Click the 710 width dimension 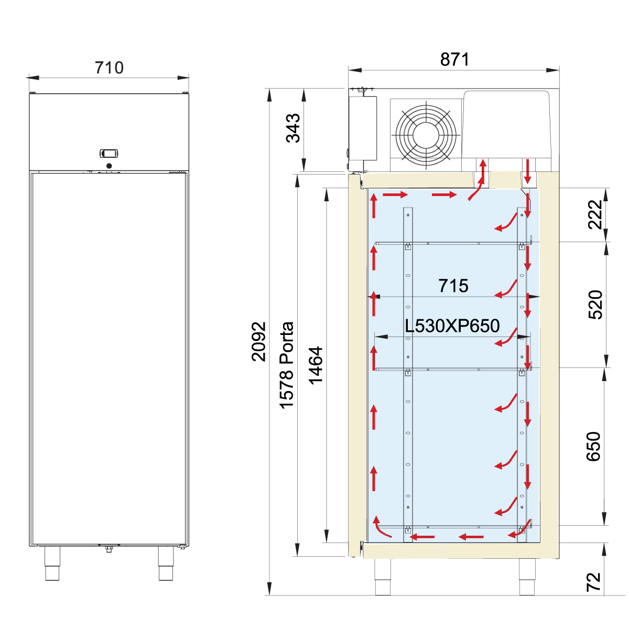(109, 68)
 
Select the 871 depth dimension (454, 59)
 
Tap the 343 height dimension (293, 128)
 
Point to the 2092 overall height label (258, 341)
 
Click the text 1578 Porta (287, 365)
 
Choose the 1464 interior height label (316, 365)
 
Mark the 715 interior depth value (453, 286)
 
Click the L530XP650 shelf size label (452, 326)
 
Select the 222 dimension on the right (595, 214)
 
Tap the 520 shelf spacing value (595, 305)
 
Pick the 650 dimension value (593, 447)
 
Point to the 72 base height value (593, 582)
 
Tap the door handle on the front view (109, 153)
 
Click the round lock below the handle (109, 166)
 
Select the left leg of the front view (52, 563)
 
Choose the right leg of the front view (166, 563)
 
